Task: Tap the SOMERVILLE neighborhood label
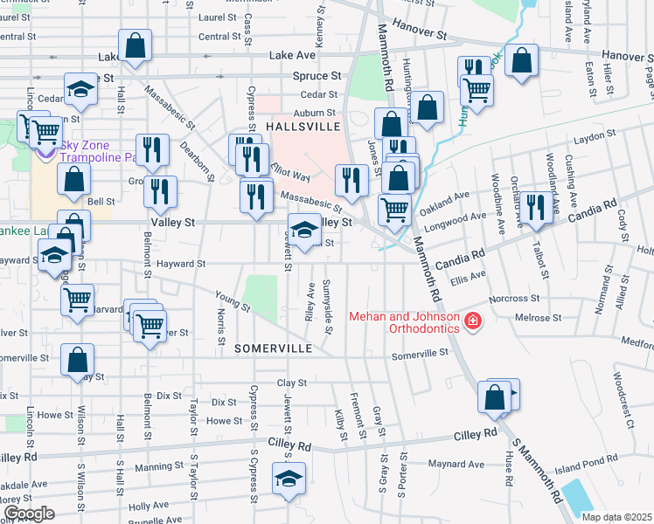(274, 348)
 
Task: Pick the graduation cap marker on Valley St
(303, 232)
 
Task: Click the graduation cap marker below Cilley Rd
(288, 479)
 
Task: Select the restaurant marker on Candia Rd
(537, 208)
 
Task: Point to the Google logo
(29, 514)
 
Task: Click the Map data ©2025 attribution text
(616, 515)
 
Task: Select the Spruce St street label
(317, 76)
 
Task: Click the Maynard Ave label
(463, 463)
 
